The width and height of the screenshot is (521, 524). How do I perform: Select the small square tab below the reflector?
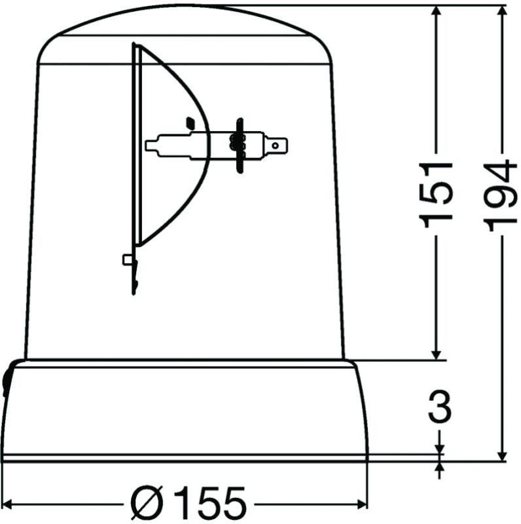point(128,260)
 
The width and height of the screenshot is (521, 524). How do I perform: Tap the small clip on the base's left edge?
point(7,379)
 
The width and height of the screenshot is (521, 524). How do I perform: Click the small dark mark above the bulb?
point(190,122)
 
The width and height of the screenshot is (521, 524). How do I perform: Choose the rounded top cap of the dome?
point(185,29)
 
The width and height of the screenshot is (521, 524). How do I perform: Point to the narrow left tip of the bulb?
point(151,144)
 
